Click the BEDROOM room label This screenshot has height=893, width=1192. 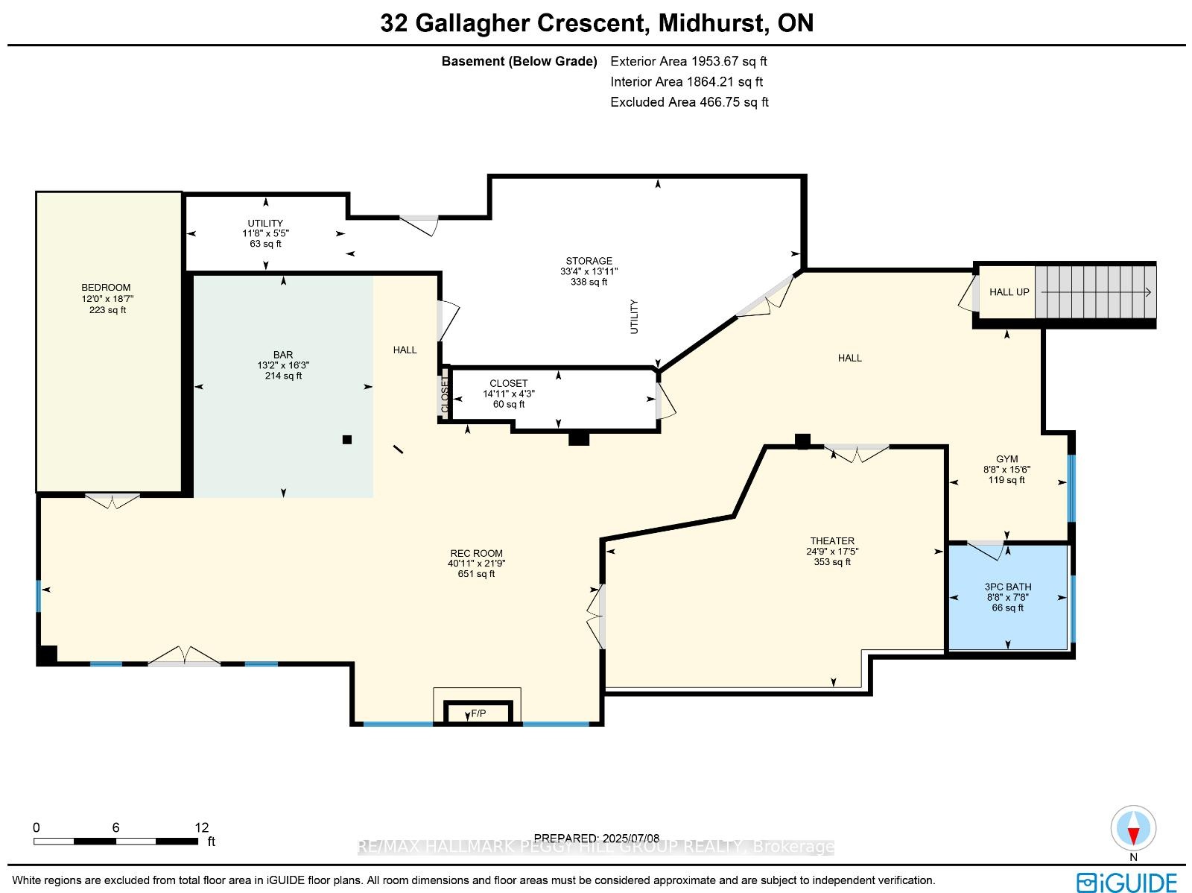[106, 287]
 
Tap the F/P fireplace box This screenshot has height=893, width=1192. [478, 713]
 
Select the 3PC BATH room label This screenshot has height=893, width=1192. [1008, 587]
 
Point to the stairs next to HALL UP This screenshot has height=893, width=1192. [1095, 291]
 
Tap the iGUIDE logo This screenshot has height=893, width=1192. [1126, 882]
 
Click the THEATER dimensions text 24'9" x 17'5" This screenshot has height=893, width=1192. [832, 552]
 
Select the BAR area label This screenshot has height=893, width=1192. [283, 355]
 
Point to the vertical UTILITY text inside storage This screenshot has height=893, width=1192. [634, 317]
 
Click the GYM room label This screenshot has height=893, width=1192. [1006, 459]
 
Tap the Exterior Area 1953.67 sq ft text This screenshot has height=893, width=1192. [688, 61]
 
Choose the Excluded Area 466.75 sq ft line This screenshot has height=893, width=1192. [689, 102]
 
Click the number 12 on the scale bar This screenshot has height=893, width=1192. [201, 827]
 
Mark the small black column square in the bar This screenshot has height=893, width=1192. [347, 440]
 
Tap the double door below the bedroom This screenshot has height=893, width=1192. [112, 501]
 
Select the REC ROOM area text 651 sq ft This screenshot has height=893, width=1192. [476, 574]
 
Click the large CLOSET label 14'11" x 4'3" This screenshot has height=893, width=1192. [509, 394]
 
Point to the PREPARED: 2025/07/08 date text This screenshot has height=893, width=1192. [596, 838]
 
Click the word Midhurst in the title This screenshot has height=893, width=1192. [712, 23]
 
